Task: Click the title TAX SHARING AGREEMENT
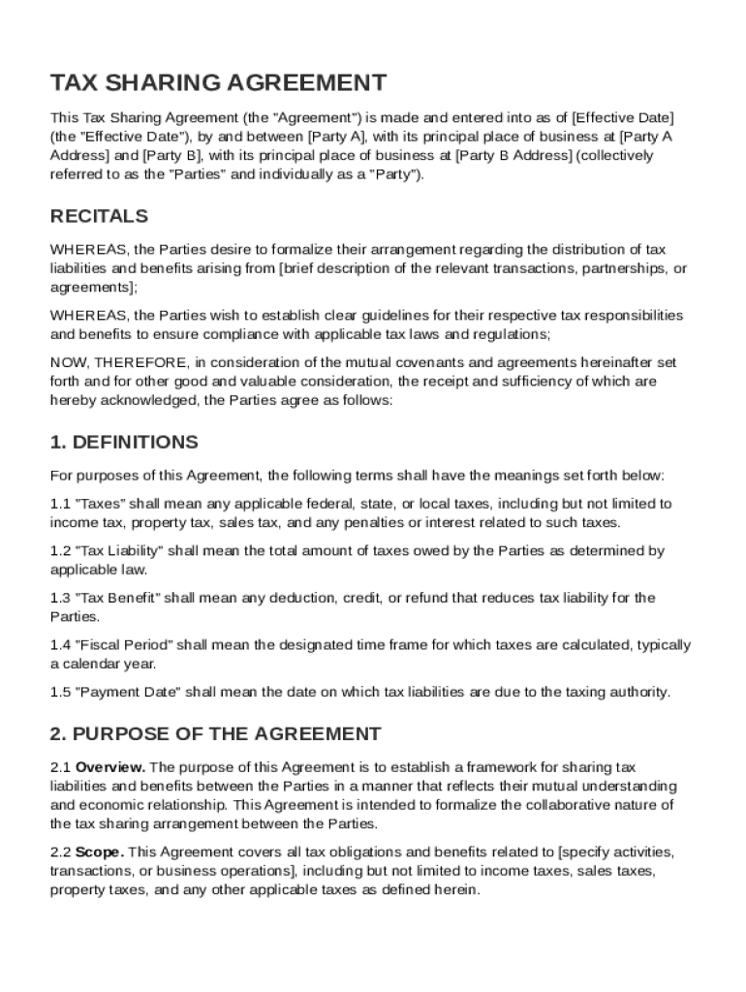tap(218, 82)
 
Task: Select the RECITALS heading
tap(99, 216)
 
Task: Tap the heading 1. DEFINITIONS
tap(124, 443)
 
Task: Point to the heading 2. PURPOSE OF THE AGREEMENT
tap(215, 734)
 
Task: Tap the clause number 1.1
tap(60, 504)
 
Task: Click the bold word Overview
tap(110, 767)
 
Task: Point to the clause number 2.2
tap(60, 852)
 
